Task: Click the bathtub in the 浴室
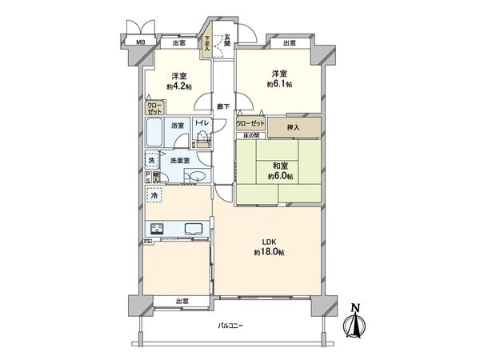(x=155, y=134)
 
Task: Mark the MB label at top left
(x=140, y=42)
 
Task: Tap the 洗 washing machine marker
(x=151, y=161)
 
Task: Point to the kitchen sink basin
(x=195, y=230)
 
